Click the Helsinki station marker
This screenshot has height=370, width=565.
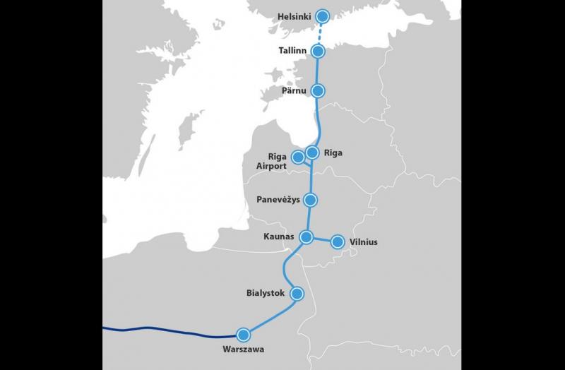tap(323, 16)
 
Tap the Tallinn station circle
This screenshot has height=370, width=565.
tap(319, 51)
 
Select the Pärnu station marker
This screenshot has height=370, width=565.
tap(318, 90)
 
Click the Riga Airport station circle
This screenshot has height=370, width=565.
tap(298, 156)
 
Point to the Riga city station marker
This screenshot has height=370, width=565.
tap(312, 151)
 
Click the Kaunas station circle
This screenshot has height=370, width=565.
tap(307, 237)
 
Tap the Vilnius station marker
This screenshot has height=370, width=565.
tap(338, 242)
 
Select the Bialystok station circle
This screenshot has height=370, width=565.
tap(297, 292)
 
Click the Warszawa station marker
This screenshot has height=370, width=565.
tap(244, 335)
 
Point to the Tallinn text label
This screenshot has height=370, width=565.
tap(293, 51)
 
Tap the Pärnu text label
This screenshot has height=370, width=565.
tap(294, 90)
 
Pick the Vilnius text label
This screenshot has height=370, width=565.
tap(363, 242)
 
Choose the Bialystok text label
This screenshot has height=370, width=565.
tap(265, 292)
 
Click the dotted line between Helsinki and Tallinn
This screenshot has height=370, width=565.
tap(321, 33)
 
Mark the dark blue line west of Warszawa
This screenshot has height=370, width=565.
tap(162, 330)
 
